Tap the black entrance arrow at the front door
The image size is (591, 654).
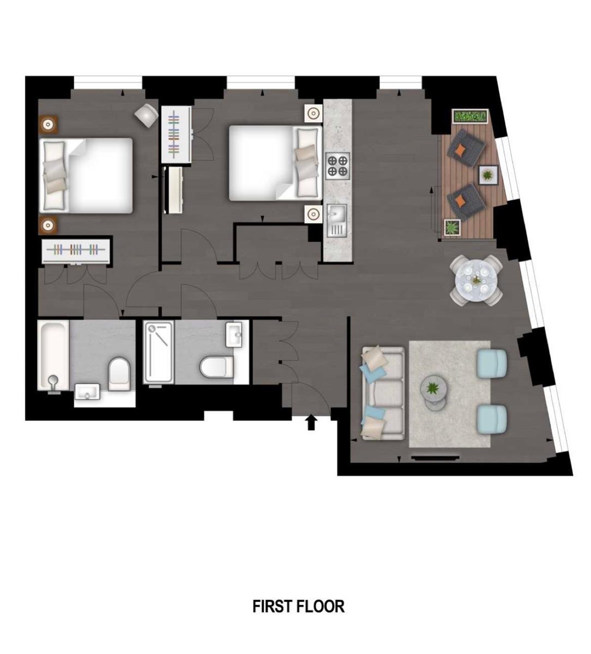point(312,422)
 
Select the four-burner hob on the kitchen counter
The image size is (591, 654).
point(337,166)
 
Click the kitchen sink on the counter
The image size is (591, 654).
point(337,220)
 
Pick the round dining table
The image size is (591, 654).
point(476,280)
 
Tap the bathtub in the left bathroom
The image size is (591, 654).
point(53,355)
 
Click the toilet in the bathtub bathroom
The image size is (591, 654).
point(119,374)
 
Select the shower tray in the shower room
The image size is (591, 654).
point(159,352)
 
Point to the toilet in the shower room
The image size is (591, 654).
point(216,367)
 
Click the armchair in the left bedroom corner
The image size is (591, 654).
point(146,116)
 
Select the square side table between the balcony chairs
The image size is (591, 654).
point(487,175)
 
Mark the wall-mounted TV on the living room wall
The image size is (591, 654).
point(435,458)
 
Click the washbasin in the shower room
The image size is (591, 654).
point(234,335)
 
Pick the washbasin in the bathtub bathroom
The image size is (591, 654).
point(87,391)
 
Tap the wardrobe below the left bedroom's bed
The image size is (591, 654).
point(76,250)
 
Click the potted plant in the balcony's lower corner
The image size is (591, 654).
point(453,227)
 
